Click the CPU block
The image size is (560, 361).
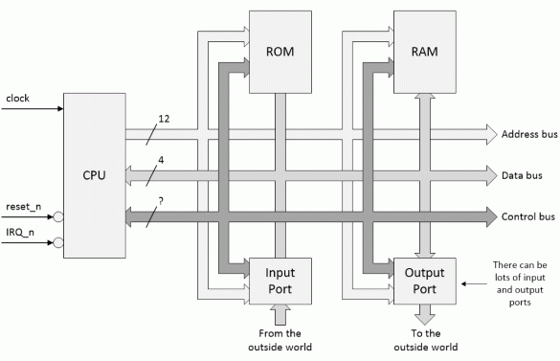pos(95,175)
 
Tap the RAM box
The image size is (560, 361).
pos(425,52)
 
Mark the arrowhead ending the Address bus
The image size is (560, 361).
pos(489,134)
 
